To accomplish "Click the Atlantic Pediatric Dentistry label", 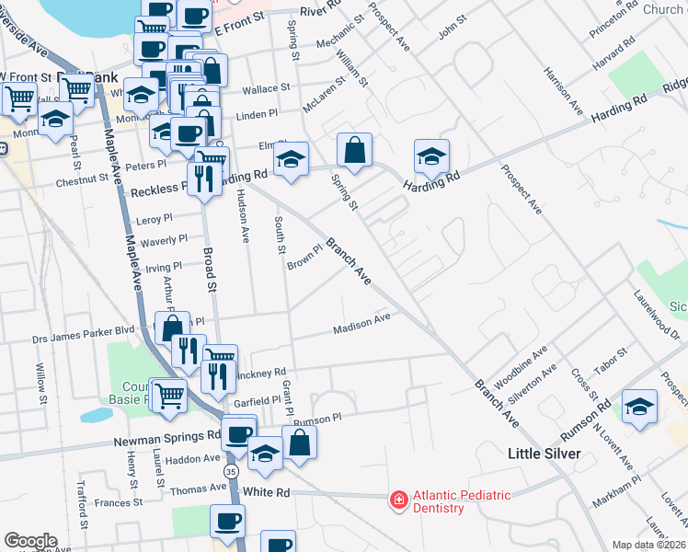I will point(461,501).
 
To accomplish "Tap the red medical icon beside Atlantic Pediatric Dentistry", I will point(398,500).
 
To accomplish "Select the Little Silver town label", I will point(545,454).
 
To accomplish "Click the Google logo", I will point(30,541).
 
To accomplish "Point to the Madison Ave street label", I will point(361,324).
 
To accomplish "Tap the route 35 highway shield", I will point(231,472).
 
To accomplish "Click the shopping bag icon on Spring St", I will point(354,149).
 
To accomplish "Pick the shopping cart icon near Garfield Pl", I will point(168,397).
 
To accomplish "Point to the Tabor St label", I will point(610,354).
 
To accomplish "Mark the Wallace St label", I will point(266,89).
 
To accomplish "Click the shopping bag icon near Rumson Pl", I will point(299,443).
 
